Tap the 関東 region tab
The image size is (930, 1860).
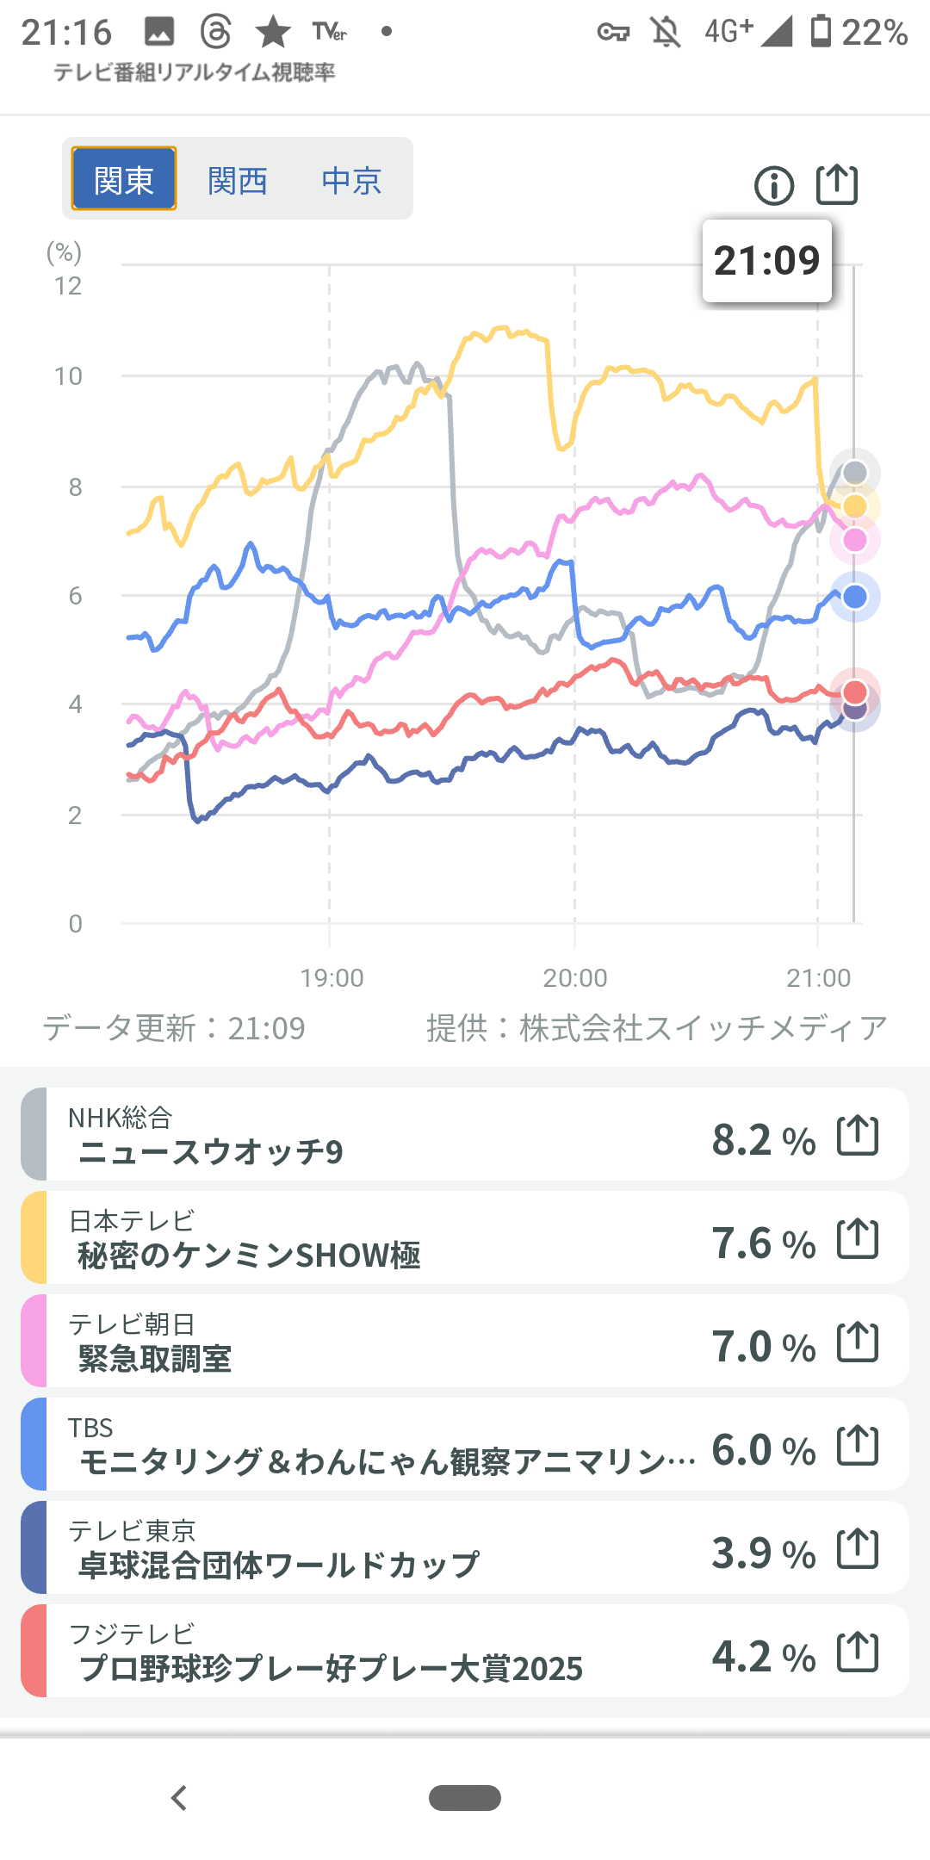click(124, 179)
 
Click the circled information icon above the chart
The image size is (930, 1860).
click(773, 185)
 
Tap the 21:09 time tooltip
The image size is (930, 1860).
click(766, 260)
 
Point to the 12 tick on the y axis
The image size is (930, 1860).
click(68, 286)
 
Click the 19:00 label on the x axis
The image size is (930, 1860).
click(332, 978)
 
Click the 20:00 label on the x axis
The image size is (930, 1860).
click(575, 978)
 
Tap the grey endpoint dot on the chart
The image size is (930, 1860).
click(854, 472)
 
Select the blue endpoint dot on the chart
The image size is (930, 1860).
click(854, 596)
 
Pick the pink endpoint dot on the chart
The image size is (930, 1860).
click(854, 540)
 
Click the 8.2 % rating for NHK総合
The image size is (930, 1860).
click(763, 1139)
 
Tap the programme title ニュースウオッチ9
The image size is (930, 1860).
click(211, 1152)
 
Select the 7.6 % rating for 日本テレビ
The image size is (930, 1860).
click(763, 1243)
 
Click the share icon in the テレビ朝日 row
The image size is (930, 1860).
click(858, 1342)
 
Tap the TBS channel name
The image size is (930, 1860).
click(90, 1428)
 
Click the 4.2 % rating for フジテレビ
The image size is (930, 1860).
click(763, 1656)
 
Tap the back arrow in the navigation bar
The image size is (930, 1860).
click(179, 1798)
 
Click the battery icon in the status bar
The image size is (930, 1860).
click(821, 32)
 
